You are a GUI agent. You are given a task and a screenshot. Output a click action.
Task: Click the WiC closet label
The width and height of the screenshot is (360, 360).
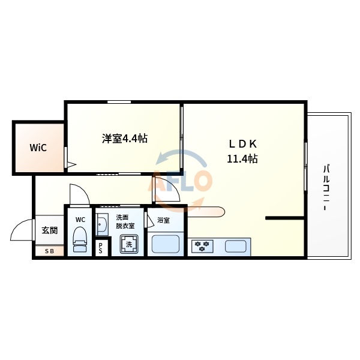38,148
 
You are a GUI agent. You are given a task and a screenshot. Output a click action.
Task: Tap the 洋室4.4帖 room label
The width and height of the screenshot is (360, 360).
124,139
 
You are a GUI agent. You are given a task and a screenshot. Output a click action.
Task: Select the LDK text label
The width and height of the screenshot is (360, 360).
242,144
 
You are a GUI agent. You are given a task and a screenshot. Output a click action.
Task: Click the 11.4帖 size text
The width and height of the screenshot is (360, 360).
242,159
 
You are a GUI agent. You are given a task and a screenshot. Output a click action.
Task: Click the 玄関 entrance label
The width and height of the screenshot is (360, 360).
49,230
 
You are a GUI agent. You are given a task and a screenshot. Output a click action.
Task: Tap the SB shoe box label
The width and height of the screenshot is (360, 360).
49,251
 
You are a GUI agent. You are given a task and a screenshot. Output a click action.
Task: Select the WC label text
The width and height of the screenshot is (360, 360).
80,220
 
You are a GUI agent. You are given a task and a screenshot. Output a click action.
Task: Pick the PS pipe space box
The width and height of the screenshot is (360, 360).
101,248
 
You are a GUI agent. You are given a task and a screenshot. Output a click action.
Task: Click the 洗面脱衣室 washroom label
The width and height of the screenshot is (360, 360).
122,221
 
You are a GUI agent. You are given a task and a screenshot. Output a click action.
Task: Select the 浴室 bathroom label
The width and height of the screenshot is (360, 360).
163,220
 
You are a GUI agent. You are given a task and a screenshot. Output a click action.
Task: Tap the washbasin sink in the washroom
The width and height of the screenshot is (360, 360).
101,225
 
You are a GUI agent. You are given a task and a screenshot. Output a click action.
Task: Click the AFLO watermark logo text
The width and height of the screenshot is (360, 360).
183,180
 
